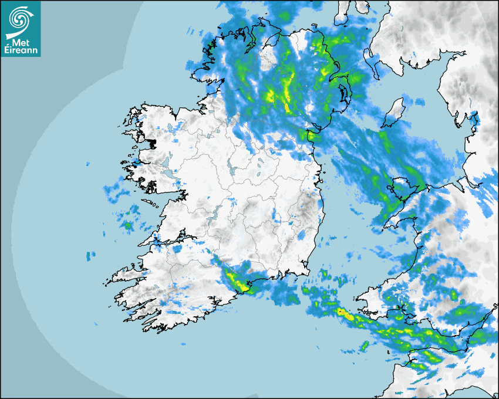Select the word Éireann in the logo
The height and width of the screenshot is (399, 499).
(21, 50)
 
